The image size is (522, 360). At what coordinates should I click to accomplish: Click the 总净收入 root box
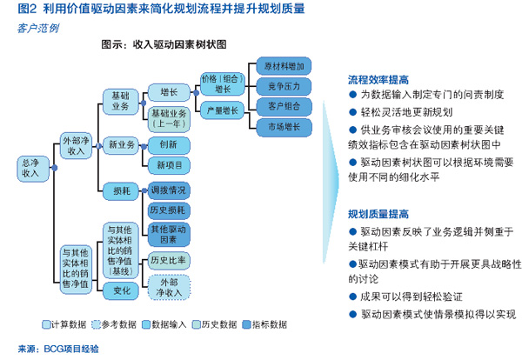[30, 168]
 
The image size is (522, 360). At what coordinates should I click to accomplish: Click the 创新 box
[168, 143]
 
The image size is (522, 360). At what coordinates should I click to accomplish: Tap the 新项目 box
[168, 164]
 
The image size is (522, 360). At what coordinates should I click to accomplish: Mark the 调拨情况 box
[168, 190]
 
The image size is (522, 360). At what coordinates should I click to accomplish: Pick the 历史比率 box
[168, 259]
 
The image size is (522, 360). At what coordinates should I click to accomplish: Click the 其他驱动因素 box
[168, 233]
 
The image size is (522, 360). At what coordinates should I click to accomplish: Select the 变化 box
[122, 291]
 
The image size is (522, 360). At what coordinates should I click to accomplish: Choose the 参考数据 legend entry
[117, 325]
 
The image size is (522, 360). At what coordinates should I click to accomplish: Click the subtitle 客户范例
[38, 28]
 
